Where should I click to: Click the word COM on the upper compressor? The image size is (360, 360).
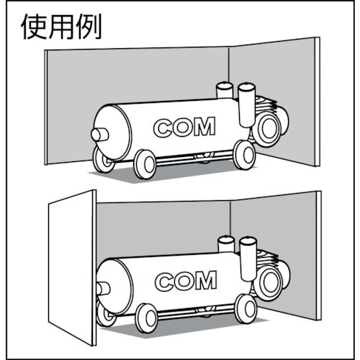click(x=184, y=127)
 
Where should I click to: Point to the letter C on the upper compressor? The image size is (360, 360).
click(x=163, y=127)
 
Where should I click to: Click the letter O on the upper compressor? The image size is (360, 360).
click(x=183, y=127)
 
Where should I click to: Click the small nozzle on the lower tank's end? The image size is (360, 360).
click(x=102, y=286)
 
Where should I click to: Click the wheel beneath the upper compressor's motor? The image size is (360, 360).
click(x=243, y=153)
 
